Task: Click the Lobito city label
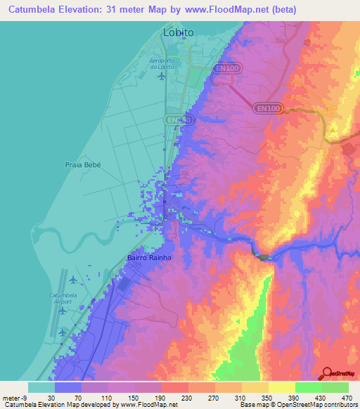click(178, 32)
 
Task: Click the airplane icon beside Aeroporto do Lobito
click(162, 76)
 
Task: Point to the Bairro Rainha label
click(149, 258)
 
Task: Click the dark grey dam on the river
click(264, 258)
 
